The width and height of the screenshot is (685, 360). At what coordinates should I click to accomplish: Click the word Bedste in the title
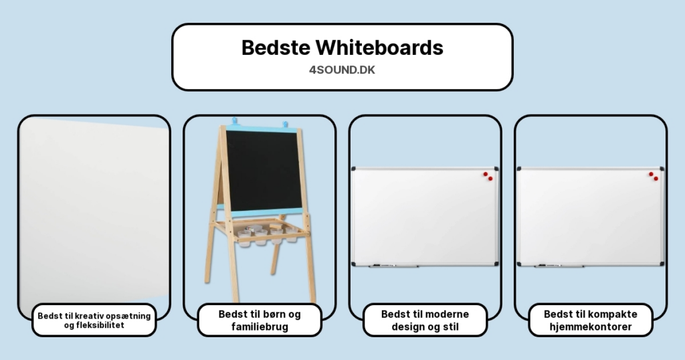275,48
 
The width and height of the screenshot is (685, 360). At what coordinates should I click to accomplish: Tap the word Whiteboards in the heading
379,48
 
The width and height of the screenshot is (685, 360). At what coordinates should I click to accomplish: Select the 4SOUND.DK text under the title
342,70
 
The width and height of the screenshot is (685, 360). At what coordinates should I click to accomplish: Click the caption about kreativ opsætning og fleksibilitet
94,321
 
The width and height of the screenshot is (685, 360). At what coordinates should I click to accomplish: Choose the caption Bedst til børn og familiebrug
260,321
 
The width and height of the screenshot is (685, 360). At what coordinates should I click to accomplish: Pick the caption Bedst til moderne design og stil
425,321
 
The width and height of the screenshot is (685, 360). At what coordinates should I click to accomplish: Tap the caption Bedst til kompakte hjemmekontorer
590,321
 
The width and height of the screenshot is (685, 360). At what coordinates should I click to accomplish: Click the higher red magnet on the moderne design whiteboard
486,174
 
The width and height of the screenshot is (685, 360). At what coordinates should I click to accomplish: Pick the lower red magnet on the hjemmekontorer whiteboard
656,179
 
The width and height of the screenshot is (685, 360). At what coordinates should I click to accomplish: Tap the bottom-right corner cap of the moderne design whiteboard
496,264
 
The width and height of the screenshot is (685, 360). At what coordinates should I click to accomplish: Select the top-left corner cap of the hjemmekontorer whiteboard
520,169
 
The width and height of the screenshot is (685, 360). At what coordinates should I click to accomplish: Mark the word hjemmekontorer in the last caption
590,327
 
